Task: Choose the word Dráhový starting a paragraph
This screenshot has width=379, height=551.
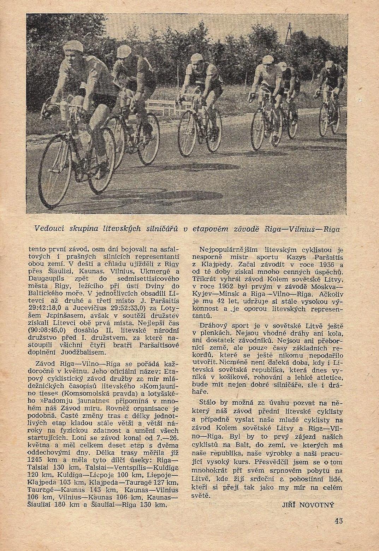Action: tap(217, 326)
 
